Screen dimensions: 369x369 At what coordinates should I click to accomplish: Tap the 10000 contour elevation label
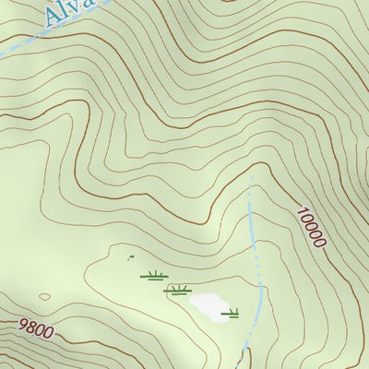pos(311,227)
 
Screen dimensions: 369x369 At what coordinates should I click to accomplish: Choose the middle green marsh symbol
pos(177,290)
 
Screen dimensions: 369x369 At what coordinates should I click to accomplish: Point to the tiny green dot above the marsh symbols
pos(130,256)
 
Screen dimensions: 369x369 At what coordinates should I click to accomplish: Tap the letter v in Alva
pos(77,10)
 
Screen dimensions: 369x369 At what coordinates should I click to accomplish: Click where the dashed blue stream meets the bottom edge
pos(244,366)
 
